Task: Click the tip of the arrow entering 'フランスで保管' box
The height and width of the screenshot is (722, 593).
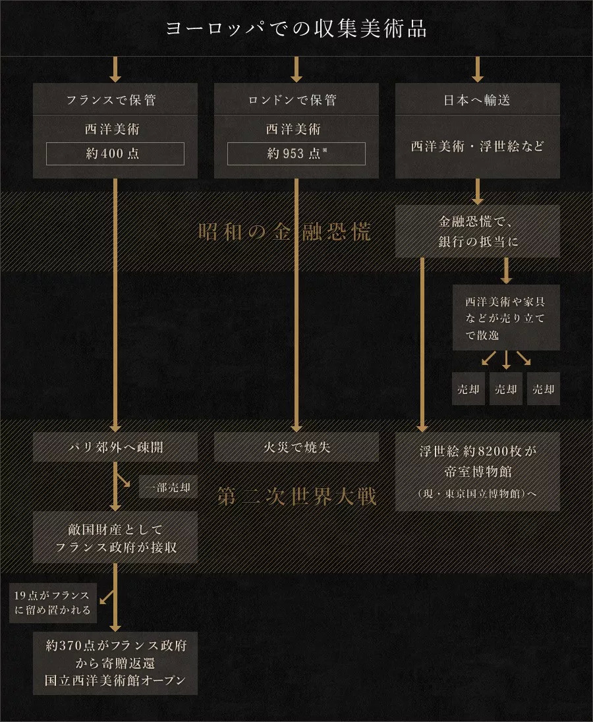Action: pos(115,82)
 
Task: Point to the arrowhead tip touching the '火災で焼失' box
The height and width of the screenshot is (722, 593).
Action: pos(296,432)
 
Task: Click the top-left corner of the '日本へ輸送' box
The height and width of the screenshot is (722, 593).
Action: pos(395,84)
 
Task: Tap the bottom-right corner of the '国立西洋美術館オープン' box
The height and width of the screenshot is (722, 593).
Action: pos(198,694)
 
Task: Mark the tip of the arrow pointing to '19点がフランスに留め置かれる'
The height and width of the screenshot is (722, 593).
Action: pos(100,603)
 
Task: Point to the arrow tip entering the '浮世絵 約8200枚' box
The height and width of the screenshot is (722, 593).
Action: pos(422,432)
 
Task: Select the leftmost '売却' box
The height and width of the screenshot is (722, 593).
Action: pos(468,389)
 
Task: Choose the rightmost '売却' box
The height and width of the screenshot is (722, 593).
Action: pos(544,389)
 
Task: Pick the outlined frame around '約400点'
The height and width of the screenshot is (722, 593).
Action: pos(115,153)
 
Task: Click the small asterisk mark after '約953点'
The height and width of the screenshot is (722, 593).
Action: pos(325,150)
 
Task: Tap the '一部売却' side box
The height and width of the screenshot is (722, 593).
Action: pos(168,487)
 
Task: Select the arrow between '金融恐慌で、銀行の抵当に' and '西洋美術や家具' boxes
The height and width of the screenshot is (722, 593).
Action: pos(507,271)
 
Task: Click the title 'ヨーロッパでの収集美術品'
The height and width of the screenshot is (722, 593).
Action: pos(296,28)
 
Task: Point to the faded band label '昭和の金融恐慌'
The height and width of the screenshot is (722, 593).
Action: pos(284,232)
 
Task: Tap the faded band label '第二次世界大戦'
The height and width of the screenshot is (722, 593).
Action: pos(296,497)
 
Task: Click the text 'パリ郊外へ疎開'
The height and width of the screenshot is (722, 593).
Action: pos(115,447)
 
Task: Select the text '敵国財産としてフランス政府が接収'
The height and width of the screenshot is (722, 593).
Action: pos(115,538)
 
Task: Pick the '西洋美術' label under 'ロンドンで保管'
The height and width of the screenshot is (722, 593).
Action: pos(293,129)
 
